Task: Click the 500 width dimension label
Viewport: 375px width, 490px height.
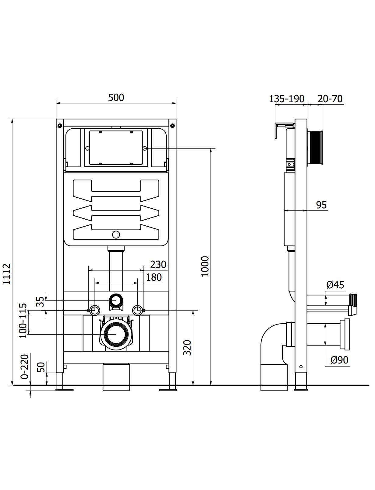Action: [x=116, y=98]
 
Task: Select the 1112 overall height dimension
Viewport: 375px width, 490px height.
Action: [x=7, y=274]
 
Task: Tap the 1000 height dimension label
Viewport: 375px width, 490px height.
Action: [x=205, y=266]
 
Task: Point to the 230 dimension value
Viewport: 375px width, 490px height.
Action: [x=158, y=265]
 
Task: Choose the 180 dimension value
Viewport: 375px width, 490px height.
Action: [x=154, y=277]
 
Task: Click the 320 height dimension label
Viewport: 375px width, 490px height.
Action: [x=187, y=348]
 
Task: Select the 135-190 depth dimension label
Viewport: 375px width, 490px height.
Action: [x=286, y=99]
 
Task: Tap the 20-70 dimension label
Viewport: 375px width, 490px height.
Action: [x=330, y=99]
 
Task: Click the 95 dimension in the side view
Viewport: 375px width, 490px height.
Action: [x=321, y=205]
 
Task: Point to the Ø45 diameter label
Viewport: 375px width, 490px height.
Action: [x=335, y=285]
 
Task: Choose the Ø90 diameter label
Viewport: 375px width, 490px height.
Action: [x=339, y=360]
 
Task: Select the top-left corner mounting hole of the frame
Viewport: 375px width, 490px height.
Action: [x=60, y=125]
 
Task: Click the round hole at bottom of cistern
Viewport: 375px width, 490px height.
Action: [x=116, y=235]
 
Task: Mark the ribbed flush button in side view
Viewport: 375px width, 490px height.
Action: [x=315, y=148]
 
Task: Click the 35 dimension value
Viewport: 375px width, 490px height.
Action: [x=40, y=302]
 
